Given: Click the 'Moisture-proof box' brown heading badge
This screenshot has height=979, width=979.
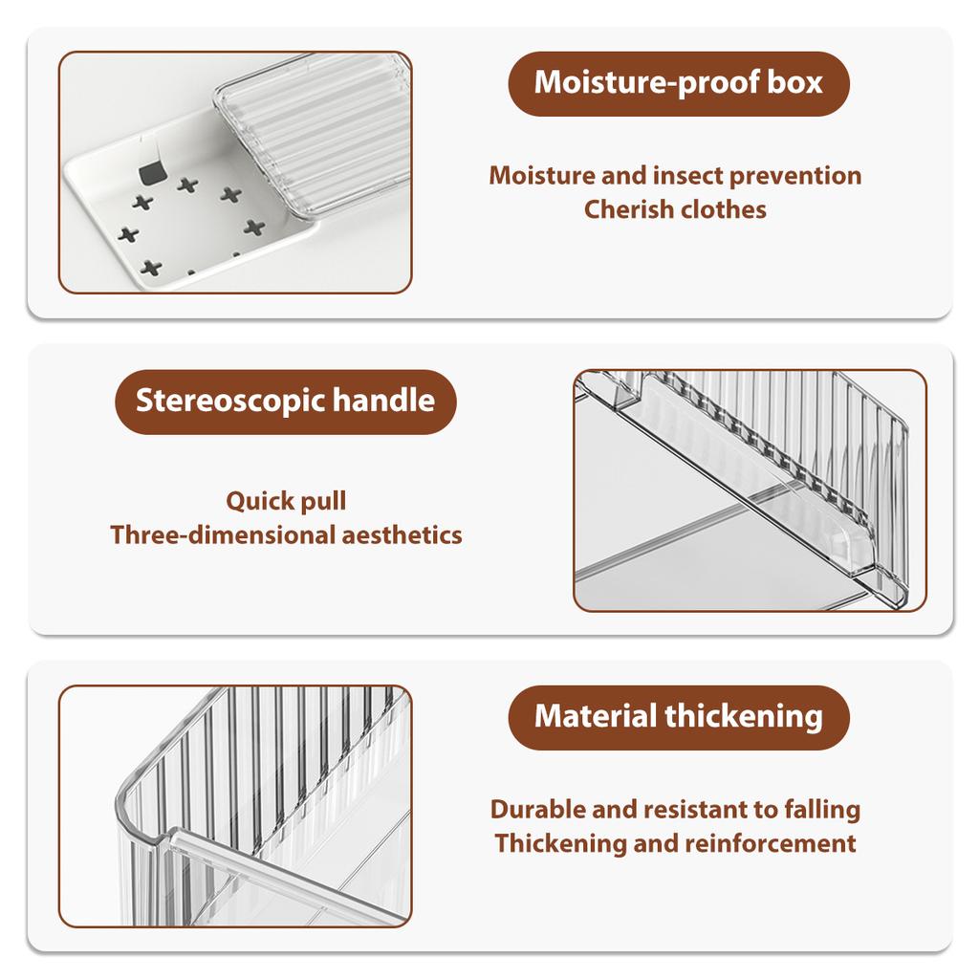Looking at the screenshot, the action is (679, 84).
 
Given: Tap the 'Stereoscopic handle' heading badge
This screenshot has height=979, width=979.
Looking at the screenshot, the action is (286, 402).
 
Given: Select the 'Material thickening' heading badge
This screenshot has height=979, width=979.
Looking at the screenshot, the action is (679, 717).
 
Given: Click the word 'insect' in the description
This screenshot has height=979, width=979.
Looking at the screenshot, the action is (688, 176).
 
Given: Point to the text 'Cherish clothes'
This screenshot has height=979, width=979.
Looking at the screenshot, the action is (675, 209).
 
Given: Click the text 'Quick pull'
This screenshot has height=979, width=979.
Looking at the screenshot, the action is (286, 501).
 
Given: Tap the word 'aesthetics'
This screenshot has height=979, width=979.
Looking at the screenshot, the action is (402, 535).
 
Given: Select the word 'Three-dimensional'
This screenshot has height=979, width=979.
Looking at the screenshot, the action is (223, 535).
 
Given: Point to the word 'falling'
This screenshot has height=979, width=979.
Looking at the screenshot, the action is (821, 810).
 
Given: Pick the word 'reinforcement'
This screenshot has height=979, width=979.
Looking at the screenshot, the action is (771, 843).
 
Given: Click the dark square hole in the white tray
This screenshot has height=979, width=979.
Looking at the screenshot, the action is (151, 173).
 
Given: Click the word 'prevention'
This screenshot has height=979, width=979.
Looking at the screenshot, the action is (795, 176).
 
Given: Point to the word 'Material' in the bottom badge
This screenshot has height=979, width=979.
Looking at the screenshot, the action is (597, 716).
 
